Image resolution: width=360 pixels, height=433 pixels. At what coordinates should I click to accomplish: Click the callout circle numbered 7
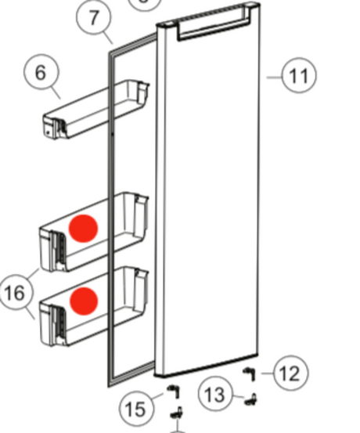94,17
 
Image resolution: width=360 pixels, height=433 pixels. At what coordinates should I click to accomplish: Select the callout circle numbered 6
41,72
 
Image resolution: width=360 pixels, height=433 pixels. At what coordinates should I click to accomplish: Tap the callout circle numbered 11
299,75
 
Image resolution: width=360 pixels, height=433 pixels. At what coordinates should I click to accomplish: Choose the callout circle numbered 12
290,373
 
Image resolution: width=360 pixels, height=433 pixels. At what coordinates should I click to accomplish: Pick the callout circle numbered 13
216,394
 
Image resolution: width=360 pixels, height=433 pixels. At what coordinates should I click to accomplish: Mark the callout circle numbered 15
136,409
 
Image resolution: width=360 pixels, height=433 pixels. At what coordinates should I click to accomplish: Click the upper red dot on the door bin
83,229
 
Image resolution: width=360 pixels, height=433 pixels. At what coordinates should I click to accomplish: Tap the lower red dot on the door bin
84,301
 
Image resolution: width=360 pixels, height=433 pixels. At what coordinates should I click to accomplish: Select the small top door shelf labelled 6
95,109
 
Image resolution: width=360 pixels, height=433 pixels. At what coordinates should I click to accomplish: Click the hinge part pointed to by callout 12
250,373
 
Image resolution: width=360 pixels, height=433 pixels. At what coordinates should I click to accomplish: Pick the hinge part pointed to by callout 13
251,399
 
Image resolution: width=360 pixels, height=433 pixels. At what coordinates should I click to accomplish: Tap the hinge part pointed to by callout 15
174,391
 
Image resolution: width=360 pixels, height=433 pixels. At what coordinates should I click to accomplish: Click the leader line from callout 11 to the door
274,78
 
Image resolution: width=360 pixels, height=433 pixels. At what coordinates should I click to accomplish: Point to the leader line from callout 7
109,38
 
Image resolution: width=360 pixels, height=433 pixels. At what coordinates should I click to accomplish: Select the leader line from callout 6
56,92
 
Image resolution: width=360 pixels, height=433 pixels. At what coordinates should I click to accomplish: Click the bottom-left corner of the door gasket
109,386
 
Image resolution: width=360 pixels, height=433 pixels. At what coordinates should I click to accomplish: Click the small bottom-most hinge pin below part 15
176,413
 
